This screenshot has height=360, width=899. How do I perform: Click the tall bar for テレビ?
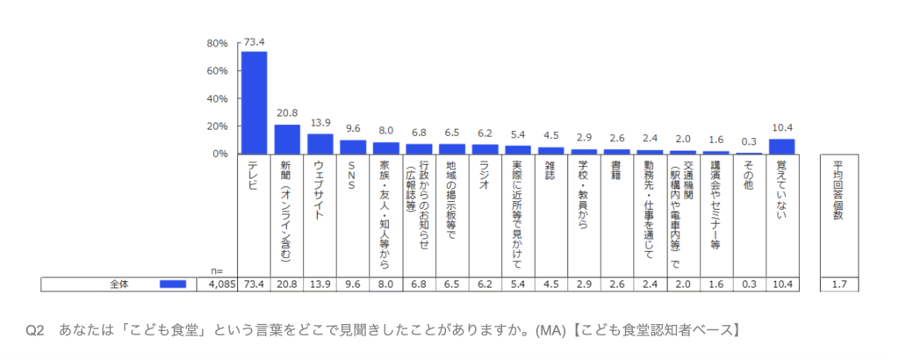(254, 103)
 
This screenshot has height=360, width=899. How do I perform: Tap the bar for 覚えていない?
(781, 147)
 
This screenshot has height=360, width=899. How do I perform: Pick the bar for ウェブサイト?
(320, 144)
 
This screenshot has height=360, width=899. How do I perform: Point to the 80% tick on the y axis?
(217, 43)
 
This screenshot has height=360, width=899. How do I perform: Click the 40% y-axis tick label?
(217, 98)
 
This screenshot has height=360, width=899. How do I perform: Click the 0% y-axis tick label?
(220, 154)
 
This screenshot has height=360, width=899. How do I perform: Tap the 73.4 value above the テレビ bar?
(255, 42)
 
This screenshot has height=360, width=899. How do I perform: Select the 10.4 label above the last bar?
(781, 129)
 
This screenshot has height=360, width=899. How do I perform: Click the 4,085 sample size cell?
(222, 284)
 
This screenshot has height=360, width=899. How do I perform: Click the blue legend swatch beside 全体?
(173, 284)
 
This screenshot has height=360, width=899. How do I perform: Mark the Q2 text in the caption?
(35, 330)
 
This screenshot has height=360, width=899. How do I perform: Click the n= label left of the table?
(218, 270)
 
